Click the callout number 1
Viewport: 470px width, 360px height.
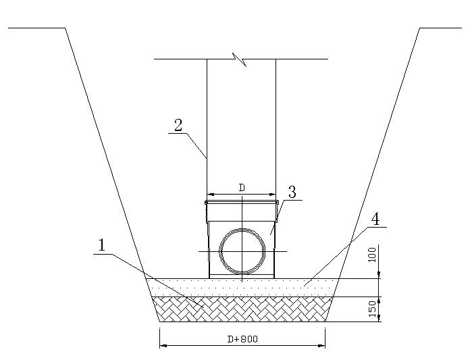pos(102,245)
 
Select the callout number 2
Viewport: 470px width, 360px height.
pos(178,126)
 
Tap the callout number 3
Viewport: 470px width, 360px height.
pos(292,192)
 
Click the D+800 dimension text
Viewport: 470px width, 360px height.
pos(242,339)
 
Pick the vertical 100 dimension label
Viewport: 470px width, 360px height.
pos(371,255)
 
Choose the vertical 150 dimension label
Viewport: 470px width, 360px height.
pos(372,309)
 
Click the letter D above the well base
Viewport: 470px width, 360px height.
pos(242,188)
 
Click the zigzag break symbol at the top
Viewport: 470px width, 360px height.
pos(240,59)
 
